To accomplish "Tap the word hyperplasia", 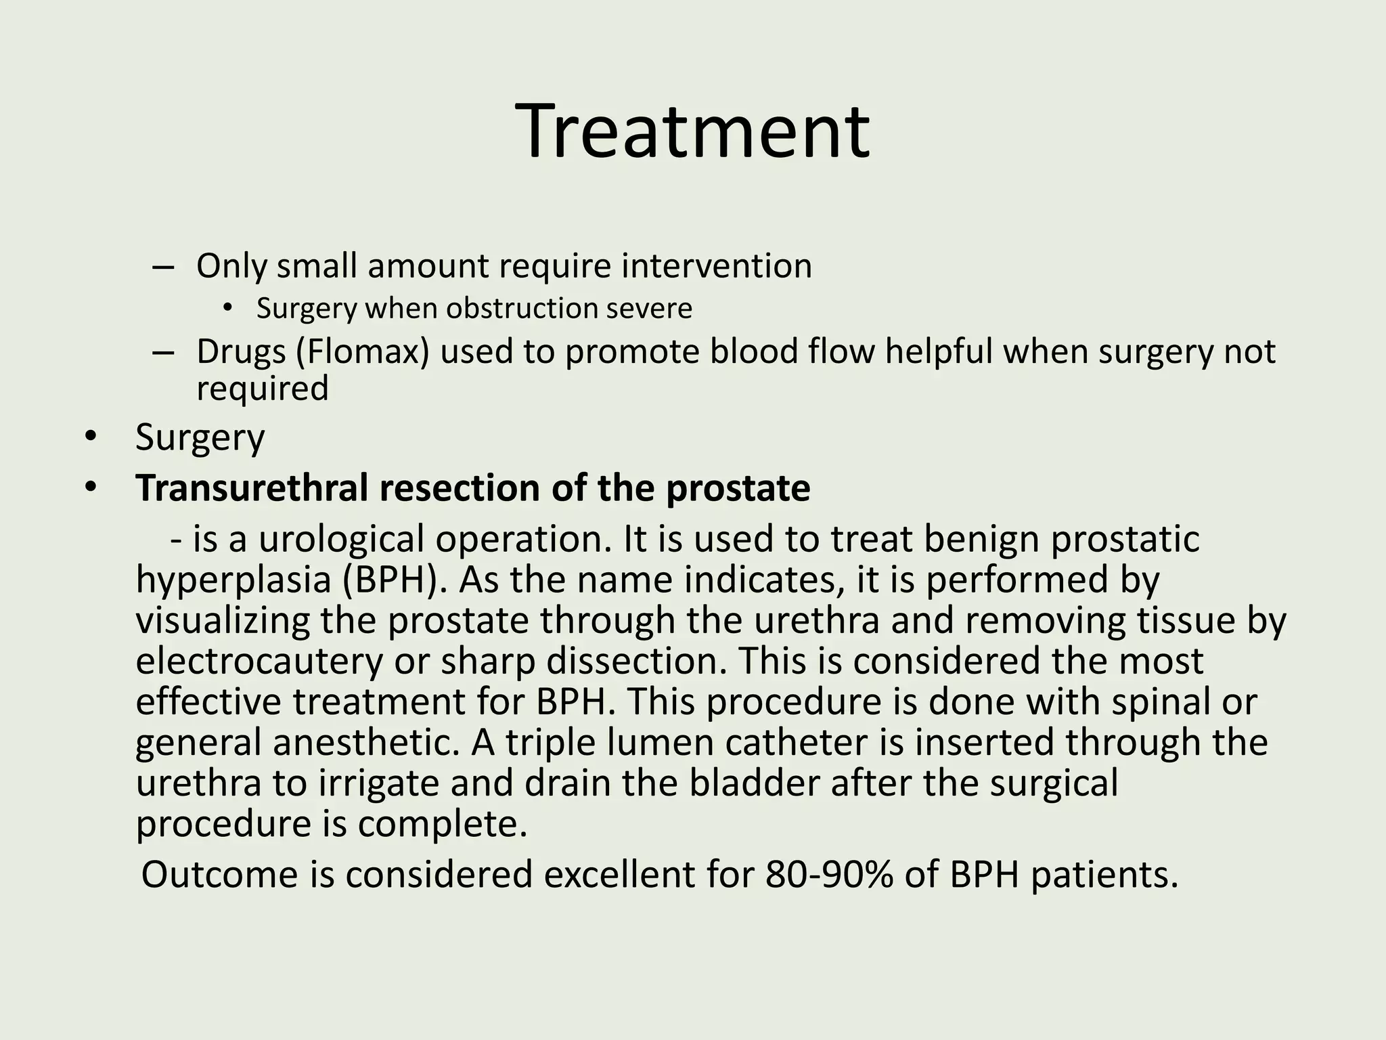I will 233,580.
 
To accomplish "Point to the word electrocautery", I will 259,662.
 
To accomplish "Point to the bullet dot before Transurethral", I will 91,487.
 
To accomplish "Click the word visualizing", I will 222,621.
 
